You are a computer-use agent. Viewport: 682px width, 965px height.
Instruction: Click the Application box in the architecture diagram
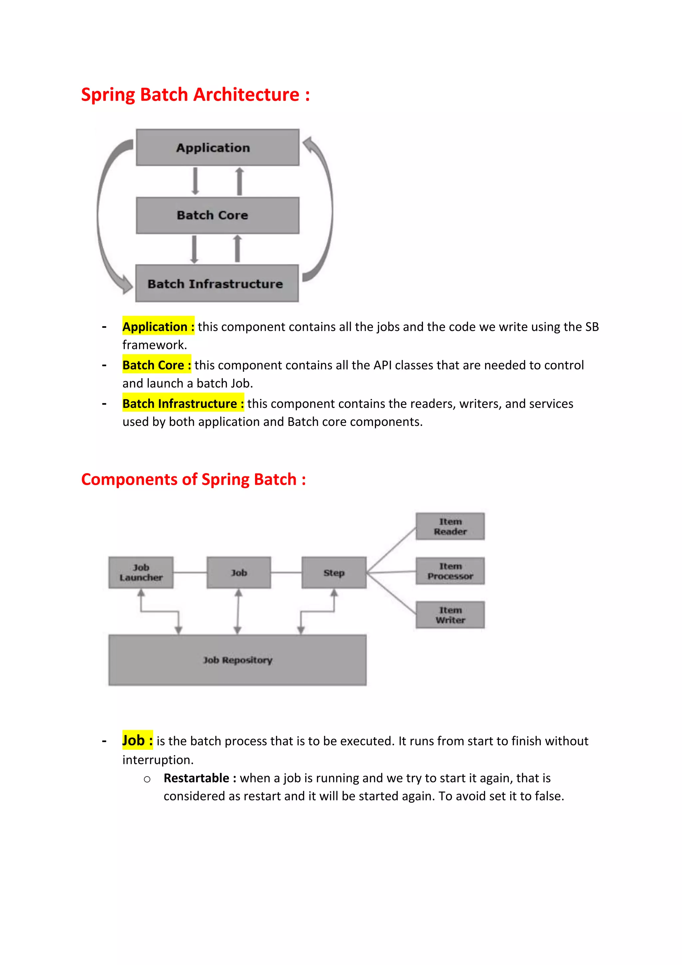click(217, 148)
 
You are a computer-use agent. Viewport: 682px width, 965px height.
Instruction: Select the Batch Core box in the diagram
click(217, 215)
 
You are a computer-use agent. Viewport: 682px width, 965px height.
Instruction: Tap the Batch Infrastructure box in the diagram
click(217, 283)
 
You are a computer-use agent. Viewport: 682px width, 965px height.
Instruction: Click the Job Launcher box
click(141, 572)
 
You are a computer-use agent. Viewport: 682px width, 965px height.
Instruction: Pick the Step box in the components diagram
click(334, 572)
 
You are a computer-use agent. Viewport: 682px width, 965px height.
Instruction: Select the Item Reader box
click(450, 526)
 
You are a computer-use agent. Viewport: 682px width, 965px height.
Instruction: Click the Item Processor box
click(450, 571)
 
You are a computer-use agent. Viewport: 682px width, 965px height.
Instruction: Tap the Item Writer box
click(450, 615)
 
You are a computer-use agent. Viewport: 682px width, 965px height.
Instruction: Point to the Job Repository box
click(237, 660)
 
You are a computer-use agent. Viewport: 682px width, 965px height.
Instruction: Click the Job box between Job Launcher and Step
click(238, 572)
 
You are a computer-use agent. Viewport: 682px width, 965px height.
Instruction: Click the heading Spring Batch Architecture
click(195, 95)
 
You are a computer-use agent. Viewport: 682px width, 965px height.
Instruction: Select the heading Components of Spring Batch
click(193, 479)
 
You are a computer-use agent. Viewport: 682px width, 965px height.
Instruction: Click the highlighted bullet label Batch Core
click(156, 365)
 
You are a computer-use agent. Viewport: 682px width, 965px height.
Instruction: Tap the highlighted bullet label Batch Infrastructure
click(183, 404)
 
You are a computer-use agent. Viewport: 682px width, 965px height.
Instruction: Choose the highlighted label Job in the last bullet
click(137, 740)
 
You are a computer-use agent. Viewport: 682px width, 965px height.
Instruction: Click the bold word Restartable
click(196, 778)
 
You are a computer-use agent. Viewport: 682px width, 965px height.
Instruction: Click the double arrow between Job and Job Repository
click(238, 611)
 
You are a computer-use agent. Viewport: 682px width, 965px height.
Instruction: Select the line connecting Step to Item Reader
click(391, 550)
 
